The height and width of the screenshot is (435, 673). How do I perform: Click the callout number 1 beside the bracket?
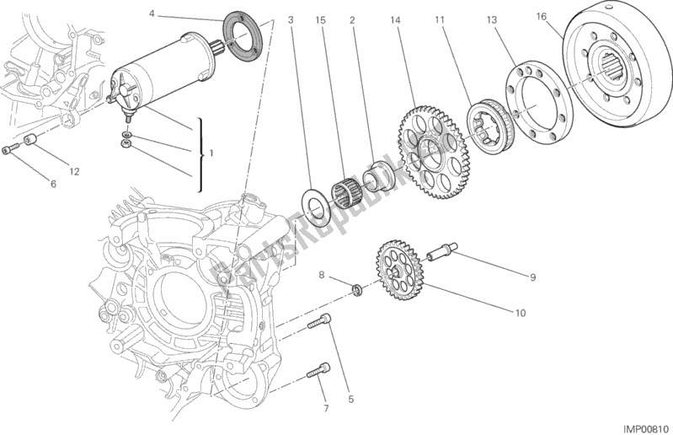211,154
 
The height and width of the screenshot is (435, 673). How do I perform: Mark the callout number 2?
351,19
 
